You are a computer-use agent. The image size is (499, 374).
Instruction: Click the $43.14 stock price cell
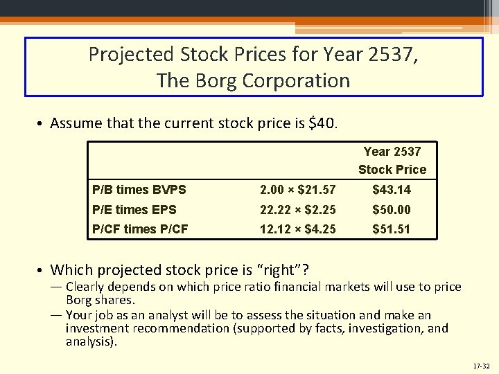point(392,190)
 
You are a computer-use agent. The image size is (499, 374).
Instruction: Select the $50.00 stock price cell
point(392,209)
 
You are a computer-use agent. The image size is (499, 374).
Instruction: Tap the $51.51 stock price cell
point(392,229)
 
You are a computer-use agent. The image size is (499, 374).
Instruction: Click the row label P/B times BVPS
point(139,190)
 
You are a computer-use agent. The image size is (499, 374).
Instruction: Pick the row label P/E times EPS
point(134,209)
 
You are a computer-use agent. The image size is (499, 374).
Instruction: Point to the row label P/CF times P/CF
point(140,229)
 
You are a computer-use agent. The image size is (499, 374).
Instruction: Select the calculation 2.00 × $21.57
point(298,190)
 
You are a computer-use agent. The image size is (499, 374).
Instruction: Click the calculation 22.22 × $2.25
point(298,209)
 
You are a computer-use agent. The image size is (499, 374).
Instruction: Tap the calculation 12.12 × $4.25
point(298,229)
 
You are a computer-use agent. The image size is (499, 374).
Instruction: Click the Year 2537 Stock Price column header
point(392,161)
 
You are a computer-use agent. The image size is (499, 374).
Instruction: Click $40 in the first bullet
point(322,124)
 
